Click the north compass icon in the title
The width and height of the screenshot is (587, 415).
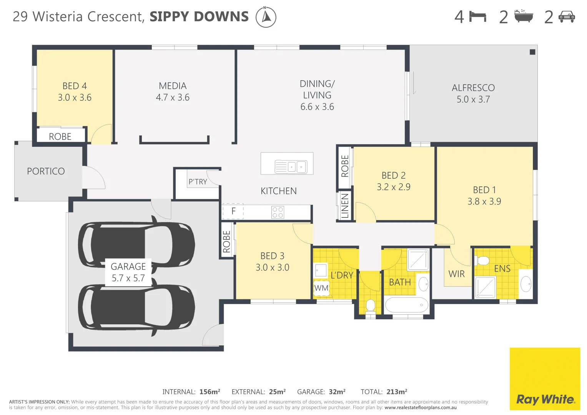[266, 17]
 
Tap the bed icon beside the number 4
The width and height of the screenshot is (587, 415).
[478, 17]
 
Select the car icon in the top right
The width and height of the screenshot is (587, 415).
[567, 17]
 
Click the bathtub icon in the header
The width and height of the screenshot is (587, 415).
[524, 17]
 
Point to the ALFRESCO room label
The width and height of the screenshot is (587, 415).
[473, 88]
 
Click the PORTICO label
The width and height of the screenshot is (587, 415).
[46, 171]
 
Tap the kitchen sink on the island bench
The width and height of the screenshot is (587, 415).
[291, 167]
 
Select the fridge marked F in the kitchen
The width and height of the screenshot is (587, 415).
[233, 211]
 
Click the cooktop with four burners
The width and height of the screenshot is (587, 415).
[278, 212]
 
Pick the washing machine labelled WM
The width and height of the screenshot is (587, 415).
[321, 288]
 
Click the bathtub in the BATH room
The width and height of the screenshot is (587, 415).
[406, 305]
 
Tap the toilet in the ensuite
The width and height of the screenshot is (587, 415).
[482, 261]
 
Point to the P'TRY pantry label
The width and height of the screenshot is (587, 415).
[198, 182]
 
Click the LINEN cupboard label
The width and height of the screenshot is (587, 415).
[345, 206]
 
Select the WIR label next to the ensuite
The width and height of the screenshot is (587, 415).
[457, 274]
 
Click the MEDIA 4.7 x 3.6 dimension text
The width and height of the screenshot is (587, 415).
[173, 98]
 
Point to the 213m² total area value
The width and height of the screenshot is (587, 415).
[397, 392]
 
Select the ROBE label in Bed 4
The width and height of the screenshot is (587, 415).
[60, 137]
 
